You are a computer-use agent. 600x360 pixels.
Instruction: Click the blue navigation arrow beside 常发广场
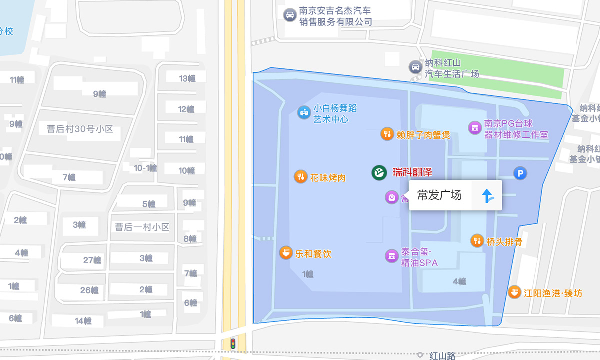[487, 196]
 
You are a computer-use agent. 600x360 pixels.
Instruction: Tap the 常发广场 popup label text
[439, 195]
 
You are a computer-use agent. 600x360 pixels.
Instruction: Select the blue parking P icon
[520, 173]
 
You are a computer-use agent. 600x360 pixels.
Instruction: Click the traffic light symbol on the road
[232, 344]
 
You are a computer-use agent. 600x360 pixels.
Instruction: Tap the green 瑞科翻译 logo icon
[379, 173]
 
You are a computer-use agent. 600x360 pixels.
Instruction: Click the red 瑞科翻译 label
[412, 173]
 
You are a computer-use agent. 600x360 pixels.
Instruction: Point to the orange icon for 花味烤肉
[300, 177]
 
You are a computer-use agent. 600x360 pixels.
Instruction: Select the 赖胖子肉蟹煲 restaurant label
[423, 134]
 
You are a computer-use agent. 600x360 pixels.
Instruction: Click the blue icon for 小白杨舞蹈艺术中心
[304, 112]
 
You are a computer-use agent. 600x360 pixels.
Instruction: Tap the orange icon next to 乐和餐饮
[285, 253]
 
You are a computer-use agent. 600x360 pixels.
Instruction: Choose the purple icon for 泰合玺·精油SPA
[391, 256]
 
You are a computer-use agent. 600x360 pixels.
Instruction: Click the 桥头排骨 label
[504, 242]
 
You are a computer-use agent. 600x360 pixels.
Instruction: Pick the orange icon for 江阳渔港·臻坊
[514, 292]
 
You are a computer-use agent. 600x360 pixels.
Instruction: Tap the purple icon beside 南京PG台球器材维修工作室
[474, 128]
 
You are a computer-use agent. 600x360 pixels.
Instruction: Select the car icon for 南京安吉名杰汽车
[289, 15]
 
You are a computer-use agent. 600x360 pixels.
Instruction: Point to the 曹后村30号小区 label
[80, 129]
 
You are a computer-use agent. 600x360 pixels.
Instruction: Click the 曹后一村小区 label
[142, 227]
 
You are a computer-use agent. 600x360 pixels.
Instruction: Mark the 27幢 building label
[92, 260]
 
